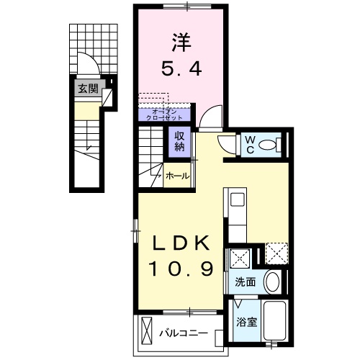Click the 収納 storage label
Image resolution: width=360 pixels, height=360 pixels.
(179, 141)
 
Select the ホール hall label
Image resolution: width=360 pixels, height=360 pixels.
(177, 176)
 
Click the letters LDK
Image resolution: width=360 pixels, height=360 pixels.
(180, 242)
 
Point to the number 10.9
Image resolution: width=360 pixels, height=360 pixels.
(181, 269)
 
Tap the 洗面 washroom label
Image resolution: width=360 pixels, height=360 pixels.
(245, 282)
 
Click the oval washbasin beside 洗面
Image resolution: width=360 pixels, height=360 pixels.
(272, 282)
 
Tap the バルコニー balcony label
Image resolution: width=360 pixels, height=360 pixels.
(183, 333)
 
